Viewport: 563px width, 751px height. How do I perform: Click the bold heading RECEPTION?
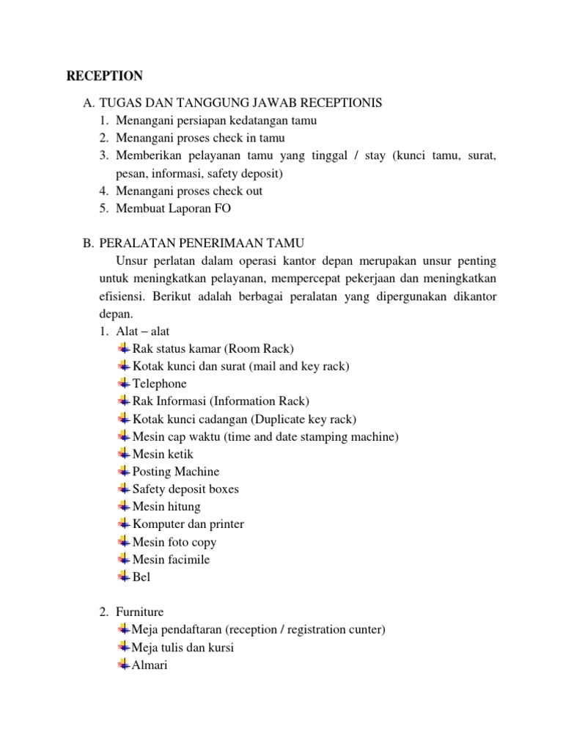(x=105, y=76)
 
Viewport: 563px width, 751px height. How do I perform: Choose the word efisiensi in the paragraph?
(x=122, y=296)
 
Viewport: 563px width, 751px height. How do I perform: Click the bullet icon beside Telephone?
(x=124, y=384)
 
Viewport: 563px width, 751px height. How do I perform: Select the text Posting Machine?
(x=176, y=472)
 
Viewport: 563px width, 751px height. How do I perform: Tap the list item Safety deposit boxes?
(x=185, y=489)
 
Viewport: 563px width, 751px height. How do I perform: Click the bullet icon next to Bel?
(x=124, y=577)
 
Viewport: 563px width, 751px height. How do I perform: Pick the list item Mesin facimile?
(x=171, y=560)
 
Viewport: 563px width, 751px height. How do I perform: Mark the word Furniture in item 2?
(x=140, y=612)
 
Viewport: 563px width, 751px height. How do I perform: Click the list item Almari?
(x=150, y=665)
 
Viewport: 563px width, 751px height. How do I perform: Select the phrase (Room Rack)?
(x=264, y=348)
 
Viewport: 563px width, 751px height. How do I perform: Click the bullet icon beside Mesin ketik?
(x=124, y=454)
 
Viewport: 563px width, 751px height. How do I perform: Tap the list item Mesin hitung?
(x=166, y=507)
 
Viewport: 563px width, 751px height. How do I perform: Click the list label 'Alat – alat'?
(x=143, y=331)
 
